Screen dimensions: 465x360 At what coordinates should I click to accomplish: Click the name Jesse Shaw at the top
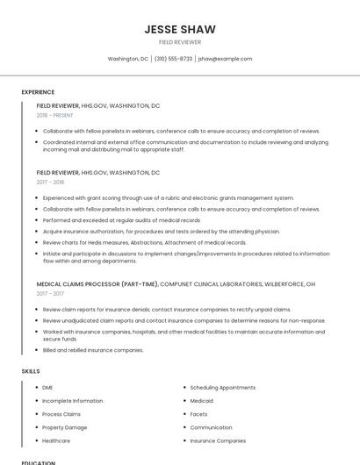pyautogui.click(x=180, y=29)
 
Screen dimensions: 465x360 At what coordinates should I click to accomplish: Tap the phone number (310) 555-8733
pyautogui.click(x=173, y=59)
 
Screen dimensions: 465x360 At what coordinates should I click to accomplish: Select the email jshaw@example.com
pyautogui.click(x=225, y=59)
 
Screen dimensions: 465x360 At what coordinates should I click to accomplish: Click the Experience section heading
pyautogui.click(x=38, y=92)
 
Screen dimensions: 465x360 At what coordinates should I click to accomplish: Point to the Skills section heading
pyautogui.click(x=31, y=371)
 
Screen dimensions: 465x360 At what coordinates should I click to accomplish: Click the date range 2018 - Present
pyautogui.click(x=54, y=115)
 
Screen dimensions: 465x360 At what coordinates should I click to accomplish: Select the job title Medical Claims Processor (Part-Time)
pyautogui.click(x=97, y=284)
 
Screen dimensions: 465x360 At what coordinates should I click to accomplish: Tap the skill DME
pyautogui.click(x=47, y=387)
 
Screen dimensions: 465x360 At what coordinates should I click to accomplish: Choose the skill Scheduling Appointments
pyautogui.click(x=222, y=387)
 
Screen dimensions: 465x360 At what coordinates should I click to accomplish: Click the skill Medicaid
pyautogui.click(x=202, y=400)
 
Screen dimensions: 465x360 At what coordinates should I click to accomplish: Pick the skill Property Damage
pyautogui.click(x=64, y=427)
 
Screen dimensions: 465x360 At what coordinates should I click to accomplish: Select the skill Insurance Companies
pyautogui.click(x=218, y=440)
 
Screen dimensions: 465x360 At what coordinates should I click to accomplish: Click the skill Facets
pyautogui.click(x=198, y=414)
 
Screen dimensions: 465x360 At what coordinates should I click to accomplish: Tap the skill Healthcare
pyautogui.click(x=56, y=440)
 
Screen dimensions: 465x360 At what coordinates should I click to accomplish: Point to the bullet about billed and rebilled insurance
pyautogui.click(x=93, y=350)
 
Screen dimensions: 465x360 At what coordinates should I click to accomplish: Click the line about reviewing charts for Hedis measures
pyautogui.click(x=145, y=242)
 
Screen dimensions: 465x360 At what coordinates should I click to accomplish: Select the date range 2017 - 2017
pyautogui.click(x=50, y=294)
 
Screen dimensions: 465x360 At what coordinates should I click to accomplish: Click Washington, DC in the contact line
pyautogui.click(x=128, y=59)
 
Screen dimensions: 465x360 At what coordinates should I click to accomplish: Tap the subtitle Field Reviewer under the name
pyautogui.click(x=180, y=42)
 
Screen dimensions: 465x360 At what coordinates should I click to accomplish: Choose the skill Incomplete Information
pyautogui.click(x=72, y=400)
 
